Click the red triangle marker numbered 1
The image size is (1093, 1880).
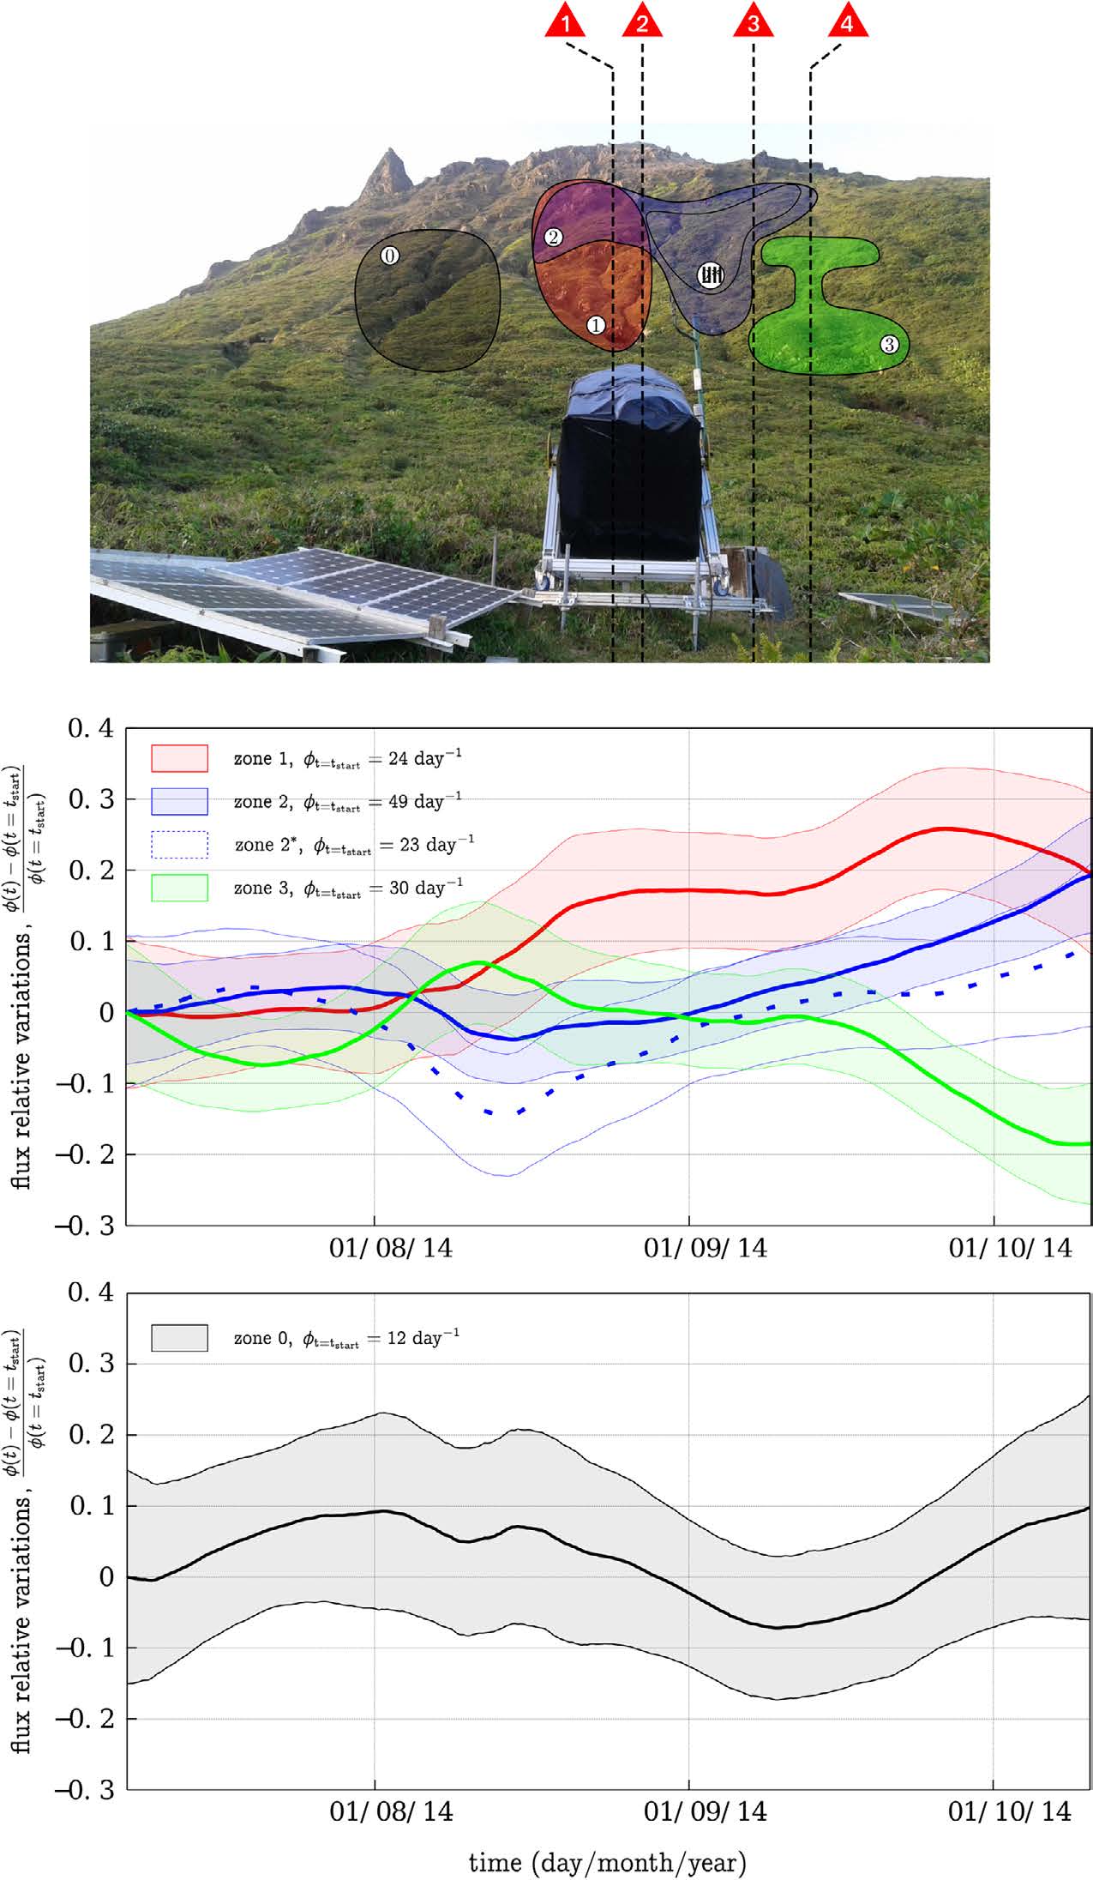tap(565, 21)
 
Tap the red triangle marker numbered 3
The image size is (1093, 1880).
tap(753, 21)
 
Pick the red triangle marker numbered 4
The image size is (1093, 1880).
tap(847, 21)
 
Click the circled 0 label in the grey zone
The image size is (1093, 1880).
tap(389, 255)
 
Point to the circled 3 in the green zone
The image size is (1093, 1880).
tap(889, 345)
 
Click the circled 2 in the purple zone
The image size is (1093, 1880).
tap(553, 237)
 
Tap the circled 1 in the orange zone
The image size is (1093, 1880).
tap(595, 325)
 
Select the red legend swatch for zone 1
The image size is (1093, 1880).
tap(179, 758)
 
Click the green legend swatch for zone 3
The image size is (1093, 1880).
tap(179, 888)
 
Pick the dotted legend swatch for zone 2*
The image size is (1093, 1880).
tap(179, 845)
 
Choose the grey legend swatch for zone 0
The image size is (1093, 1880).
tap(179, 1338)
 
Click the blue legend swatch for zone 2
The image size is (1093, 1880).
tap(179, 801)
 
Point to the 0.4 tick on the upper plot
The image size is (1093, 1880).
tap(91, 729)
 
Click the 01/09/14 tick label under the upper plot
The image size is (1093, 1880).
tap(706, 1247)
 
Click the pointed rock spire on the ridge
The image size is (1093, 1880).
tap(390, 167)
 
